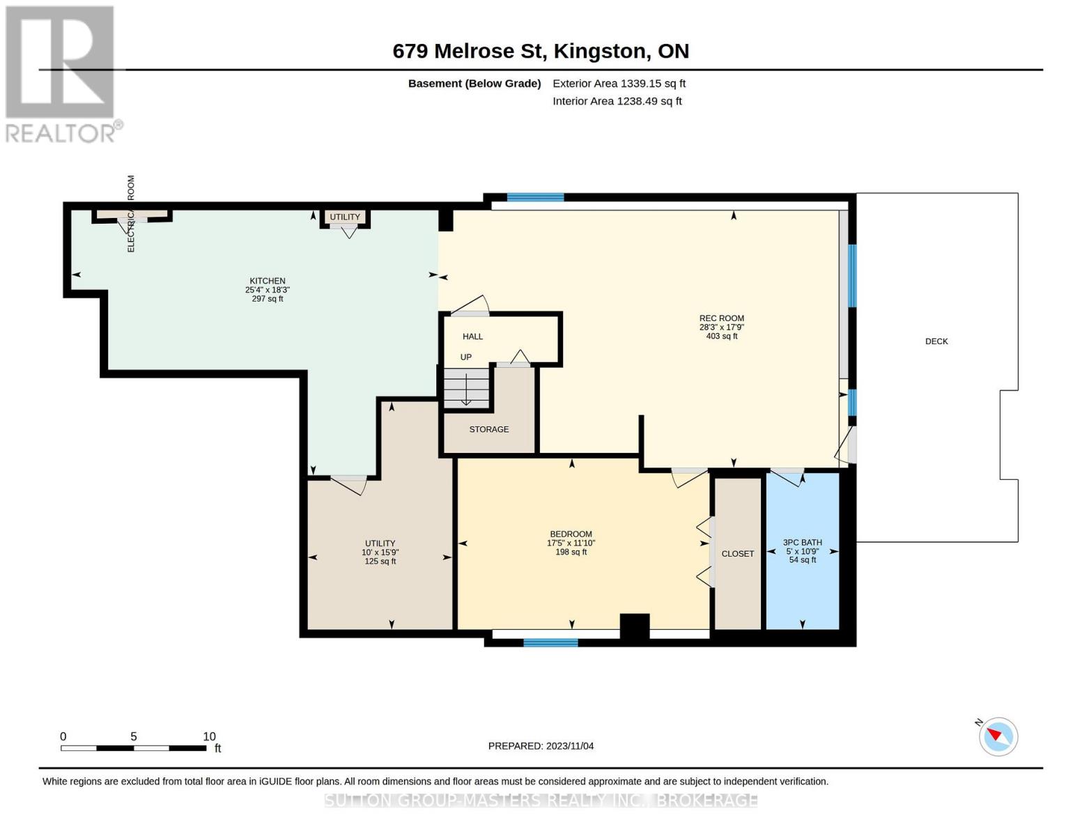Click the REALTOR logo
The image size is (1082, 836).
[63, 75]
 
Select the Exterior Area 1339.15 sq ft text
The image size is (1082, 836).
[619, 84]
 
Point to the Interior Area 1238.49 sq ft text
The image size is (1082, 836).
[617, 101]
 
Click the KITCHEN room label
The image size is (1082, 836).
[268, 281]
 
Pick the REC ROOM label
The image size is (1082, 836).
[722, 318]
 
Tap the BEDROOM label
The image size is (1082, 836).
[571, 534]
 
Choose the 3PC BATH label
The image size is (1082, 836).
[803, 542]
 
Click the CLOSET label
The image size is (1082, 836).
[737, 554]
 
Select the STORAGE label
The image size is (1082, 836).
[489, 429]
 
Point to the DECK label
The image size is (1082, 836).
[936, 341]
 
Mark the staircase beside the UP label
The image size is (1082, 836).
[467, 388]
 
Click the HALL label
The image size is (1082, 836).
[472, 336]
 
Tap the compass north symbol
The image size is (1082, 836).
[998, 736]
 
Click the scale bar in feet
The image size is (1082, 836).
[134, 748]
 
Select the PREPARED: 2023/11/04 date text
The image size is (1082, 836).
[541, 746]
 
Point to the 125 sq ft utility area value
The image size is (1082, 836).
[380, 561]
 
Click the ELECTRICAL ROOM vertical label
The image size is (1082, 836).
[131, 214]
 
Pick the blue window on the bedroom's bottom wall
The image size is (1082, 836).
[550, 643]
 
